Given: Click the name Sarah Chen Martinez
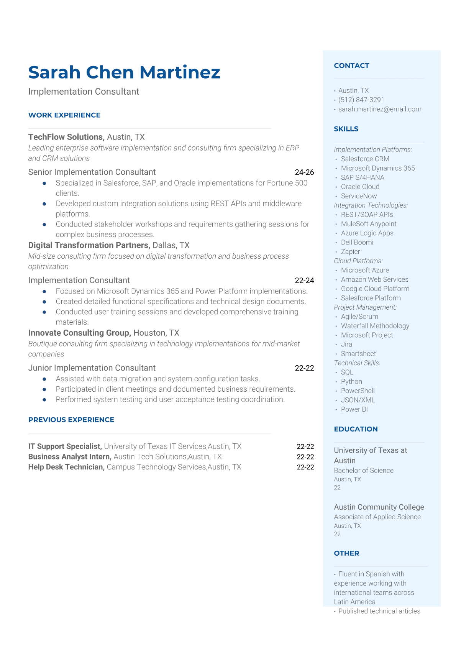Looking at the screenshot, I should click(124, 72).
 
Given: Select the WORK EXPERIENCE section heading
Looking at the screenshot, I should click(64, 115).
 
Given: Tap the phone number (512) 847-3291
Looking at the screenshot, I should click(361, 100).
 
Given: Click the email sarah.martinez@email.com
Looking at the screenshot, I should click(379, 109).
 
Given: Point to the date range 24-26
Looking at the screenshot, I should click(304, 172).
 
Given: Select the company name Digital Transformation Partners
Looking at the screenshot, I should click(89, 245).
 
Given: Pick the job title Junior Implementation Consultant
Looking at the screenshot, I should click(92, 368).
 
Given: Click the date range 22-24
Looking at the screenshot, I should click(304, 281).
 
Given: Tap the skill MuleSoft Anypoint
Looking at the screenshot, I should click(369, 224).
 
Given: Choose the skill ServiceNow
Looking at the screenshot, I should click(359, 196).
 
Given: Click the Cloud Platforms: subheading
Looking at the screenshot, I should click(358, 261).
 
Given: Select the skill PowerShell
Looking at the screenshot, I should click(358, 391).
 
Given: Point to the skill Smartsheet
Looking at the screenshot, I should click(358, 354).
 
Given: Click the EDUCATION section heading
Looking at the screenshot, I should click(356, 429).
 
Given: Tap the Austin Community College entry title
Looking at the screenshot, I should click(379, 507).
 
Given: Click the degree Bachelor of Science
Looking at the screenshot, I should click(363, 471).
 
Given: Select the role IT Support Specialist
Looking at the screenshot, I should click(65, 446).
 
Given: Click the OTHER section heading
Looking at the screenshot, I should click(346, 553).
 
